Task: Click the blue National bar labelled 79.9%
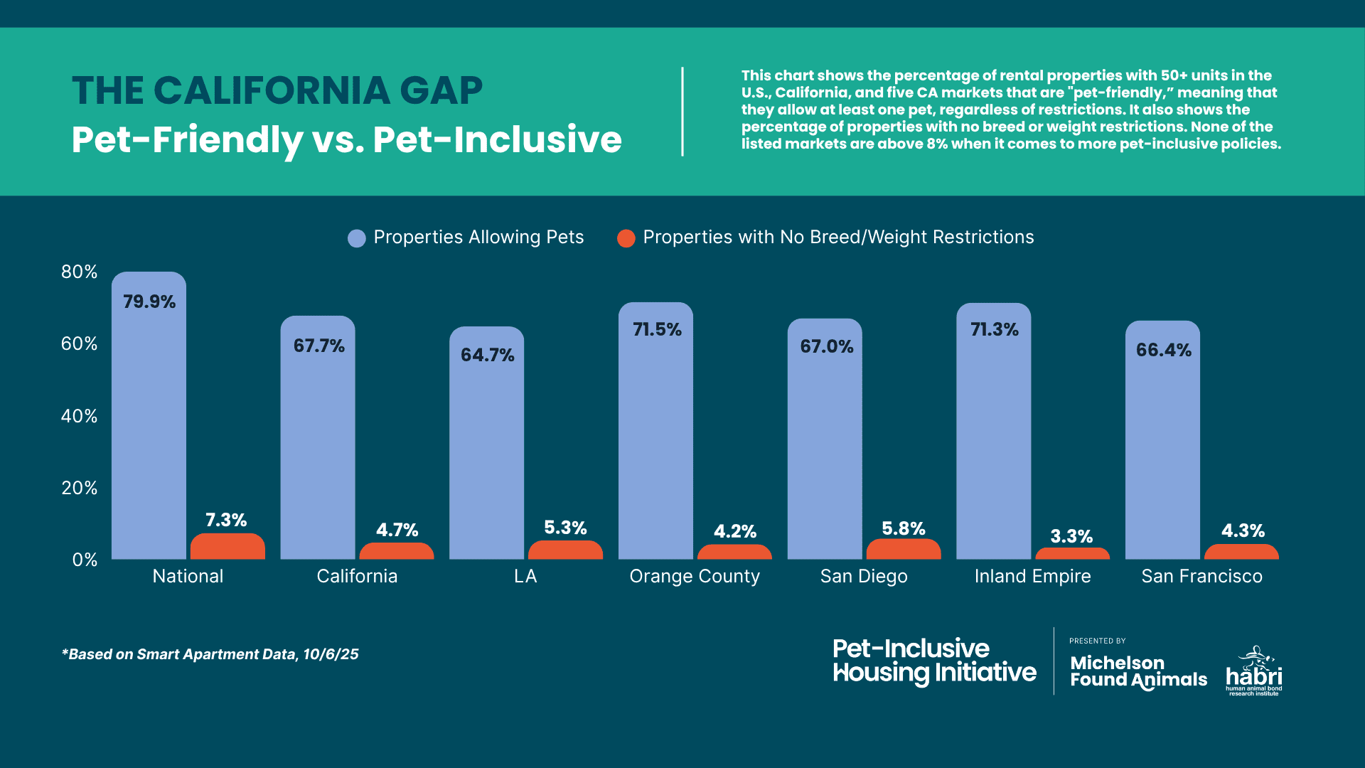point(149,427)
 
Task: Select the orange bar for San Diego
point(903,550)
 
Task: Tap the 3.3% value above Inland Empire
point(1071,536)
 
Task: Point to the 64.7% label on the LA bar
point(487,355)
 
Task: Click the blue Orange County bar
point(655,441)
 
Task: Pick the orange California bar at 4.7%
point(396,551)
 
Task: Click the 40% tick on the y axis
point(79,416)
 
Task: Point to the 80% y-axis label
point(79,272)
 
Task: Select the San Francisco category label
point(1201,576)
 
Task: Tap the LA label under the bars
point(525,576)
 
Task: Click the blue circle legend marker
point(356,238)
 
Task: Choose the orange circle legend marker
point(626,238)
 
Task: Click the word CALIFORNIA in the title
point(272,91)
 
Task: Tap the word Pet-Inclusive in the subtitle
point(497,139)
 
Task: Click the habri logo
point(1254,672)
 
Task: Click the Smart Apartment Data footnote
point(210,654)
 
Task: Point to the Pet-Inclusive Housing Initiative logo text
point(933,661)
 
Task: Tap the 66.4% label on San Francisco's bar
point(1163,350)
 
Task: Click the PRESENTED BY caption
point(1097,641)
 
